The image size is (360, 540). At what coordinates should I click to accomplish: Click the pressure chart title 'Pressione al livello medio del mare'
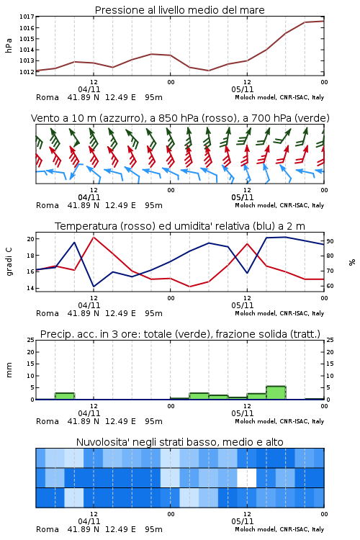[x=179, y=10]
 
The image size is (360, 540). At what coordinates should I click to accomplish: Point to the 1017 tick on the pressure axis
[x=27, y=17]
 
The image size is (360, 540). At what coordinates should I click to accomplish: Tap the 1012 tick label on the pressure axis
[x=27, y=71]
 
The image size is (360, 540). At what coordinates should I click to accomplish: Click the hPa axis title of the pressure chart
[x=9, y=45]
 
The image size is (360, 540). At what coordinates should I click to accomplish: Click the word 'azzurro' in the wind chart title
[x=120, y=118]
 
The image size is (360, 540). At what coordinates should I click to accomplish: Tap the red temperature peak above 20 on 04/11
[x=94, y=237]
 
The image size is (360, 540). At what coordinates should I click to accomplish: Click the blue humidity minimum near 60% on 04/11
[x=94, y=287]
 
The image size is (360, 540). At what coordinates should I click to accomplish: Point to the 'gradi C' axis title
[x=9, y=261]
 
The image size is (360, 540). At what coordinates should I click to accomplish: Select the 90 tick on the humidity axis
[x=330, y=241]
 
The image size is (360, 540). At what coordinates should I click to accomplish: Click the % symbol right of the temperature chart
[x=352, y=262]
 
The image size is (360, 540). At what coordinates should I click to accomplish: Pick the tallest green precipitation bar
[x=276, y=392]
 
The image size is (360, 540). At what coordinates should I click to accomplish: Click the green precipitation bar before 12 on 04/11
[x=65, y=396]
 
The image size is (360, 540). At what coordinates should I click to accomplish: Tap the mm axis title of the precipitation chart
[x=9, y=369]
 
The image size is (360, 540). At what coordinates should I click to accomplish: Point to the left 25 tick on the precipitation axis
[x=31, y=340]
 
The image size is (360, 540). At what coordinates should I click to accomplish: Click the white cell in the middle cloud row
[x=247, y=477]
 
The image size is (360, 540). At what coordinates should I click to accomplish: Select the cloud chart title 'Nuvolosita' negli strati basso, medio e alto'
[x=179, y=442]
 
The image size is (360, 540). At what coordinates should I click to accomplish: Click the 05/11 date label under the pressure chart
[x=242, y=89]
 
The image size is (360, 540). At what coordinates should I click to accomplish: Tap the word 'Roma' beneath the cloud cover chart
[x=48, y=529]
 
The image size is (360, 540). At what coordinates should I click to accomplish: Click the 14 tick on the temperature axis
[x=30, y=288]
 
